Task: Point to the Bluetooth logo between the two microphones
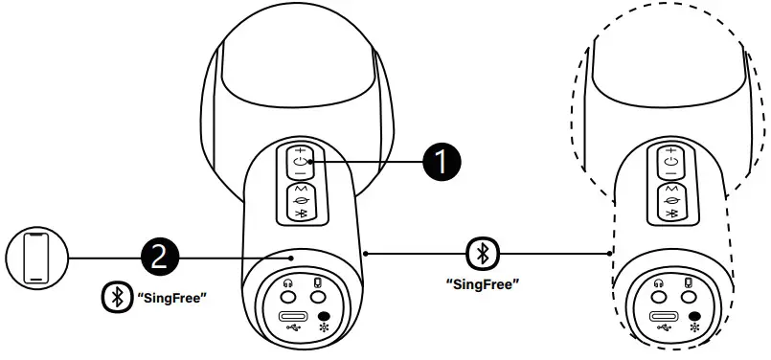point(482,254)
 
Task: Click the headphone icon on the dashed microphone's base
point(657,283)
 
